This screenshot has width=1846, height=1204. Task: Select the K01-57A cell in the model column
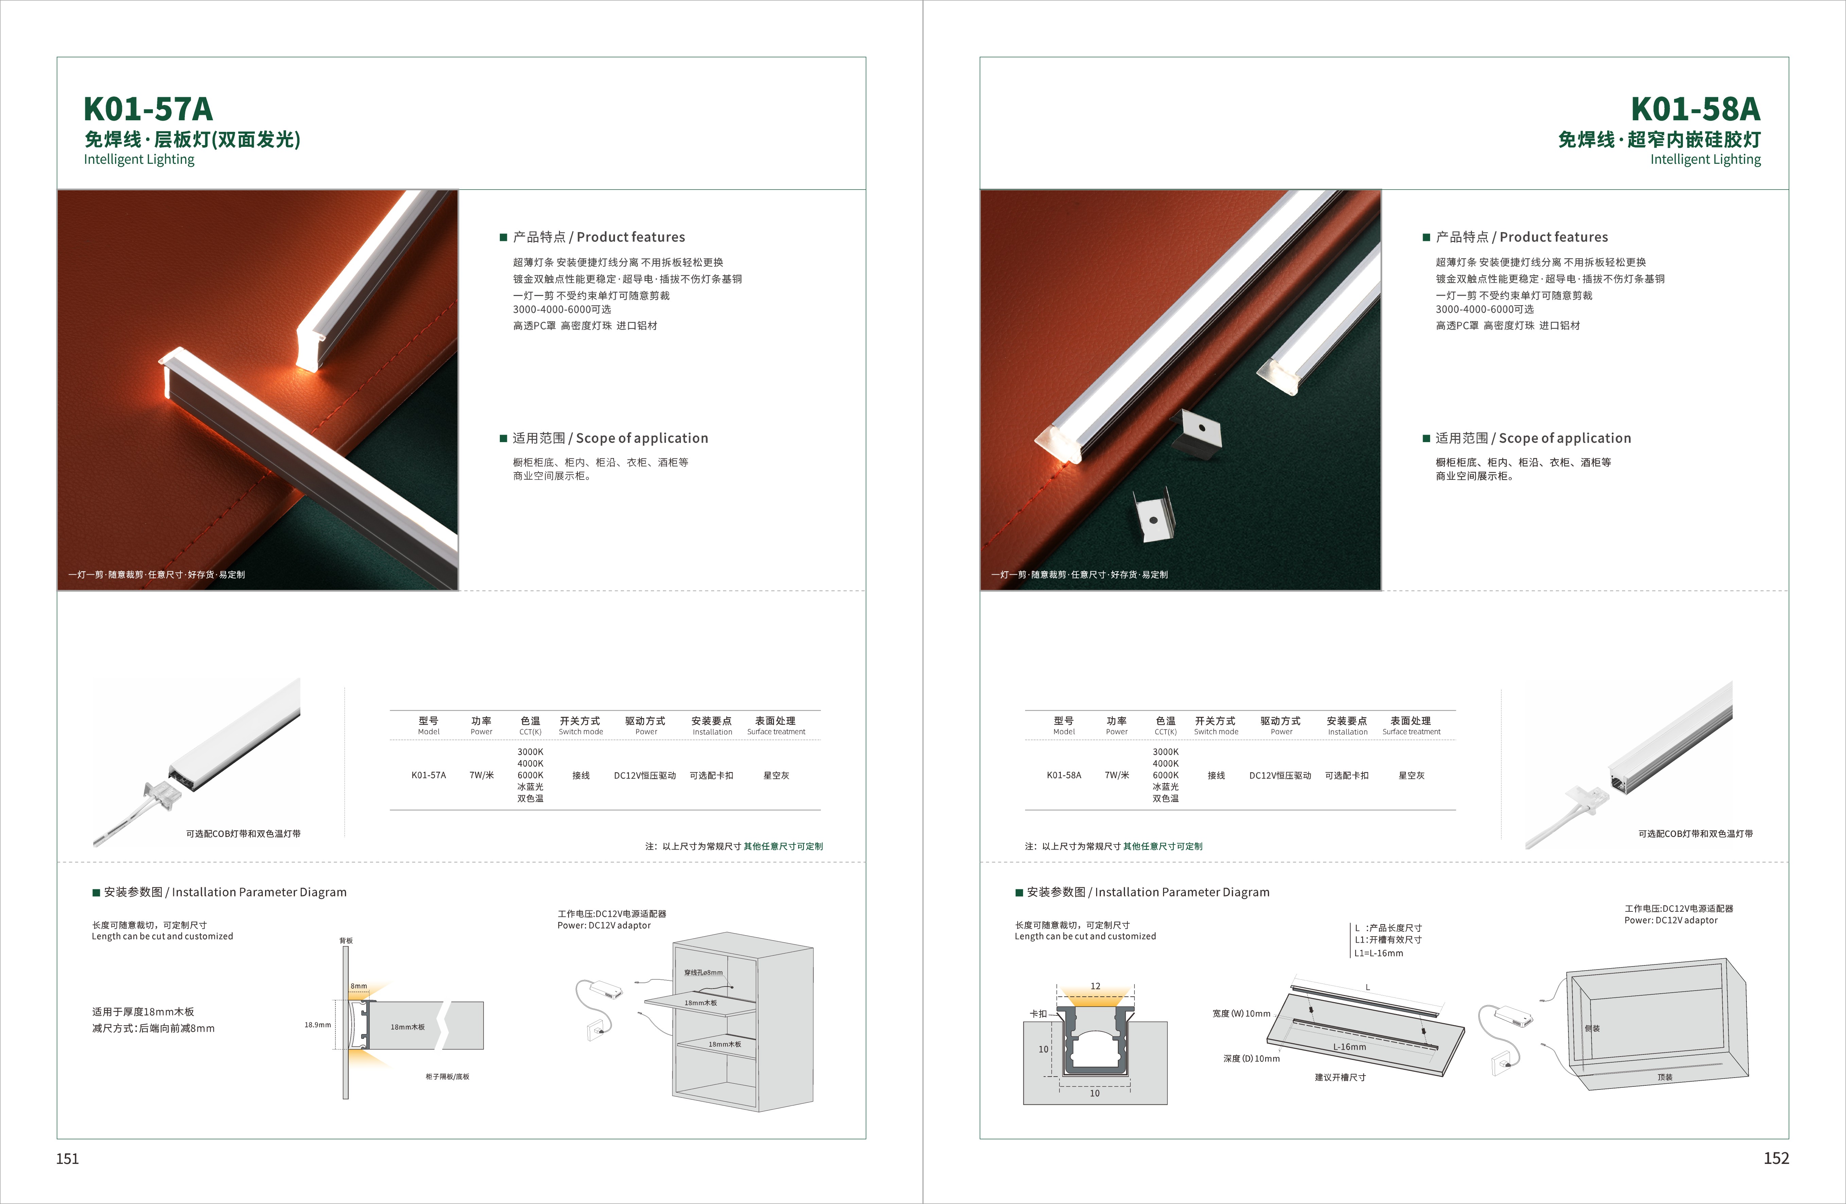coord(428,775)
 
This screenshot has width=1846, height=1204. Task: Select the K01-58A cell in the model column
coord(1063,775)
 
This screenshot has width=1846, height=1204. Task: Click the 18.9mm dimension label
coord(317,1025)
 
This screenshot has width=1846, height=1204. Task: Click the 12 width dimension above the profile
coord(1095,986)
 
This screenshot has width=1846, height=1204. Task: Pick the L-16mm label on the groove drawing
coord(1350,1047)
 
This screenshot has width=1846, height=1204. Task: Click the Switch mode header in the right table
coord(1216,732)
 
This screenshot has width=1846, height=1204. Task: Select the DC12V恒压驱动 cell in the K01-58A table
coord(1280,775)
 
